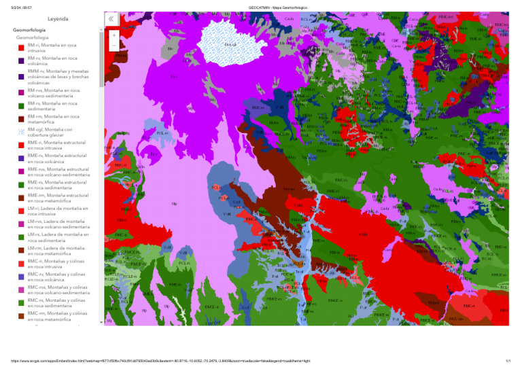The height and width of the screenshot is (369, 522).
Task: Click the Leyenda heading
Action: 57,18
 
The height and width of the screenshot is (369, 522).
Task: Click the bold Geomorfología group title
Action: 29,31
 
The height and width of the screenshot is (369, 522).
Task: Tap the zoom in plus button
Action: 114,34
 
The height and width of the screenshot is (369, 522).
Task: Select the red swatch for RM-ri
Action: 21,48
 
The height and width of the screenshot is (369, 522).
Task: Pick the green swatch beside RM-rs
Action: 21,106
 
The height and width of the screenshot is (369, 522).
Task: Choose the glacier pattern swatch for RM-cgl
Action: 21,132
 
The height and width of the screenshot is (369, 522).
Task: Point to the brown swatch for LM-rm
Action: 21,251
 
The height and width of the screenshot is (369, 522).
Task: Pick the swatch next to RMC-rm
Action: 21,315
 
